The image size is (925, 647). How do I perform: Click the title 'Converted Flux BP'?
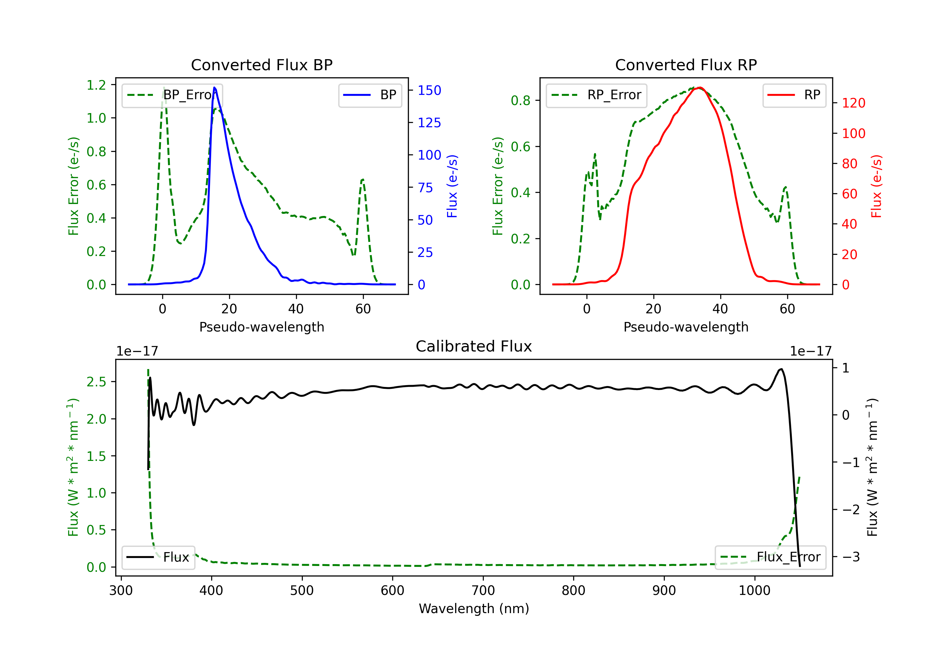tap(261, 65)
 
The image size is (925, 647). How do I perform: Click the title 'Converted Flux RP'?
tap(686, 65)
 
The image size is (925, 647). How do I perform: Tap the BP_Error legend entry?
tap(172, 95)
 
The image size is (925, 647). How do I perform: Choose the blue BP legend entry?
tap(370, 95)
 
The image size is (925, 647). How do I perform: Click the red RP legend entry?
tap(794, 95)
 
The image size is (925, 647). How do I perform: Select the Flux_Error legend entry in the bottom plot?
tap(770, 557)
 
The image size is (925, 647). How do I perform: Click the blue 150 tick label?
tap(429, 90)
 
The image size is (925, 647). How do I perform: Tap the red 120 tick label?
tap(853, 103)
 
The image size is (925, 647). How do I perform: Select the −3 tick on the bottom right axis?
tap(851, 557)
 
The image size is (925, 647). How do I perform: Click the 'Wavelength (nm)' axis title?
tap(474, 609)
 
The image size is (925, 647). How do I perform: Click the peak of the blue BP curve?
tap(214, 87)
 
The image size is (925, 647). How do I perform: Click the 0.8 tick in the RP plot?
tap(520, 100)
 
